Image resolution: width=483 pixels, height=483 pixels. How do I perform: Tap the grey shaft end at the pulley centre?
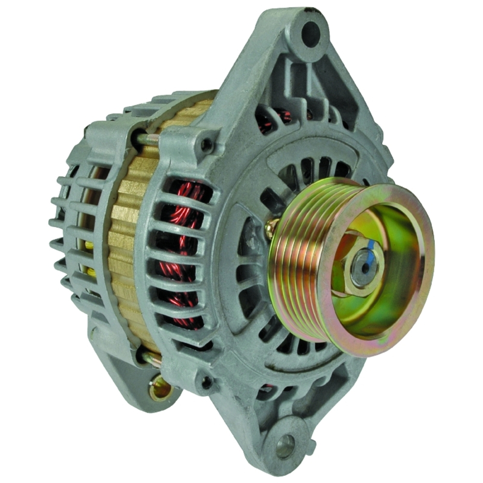click(x=360, y=264)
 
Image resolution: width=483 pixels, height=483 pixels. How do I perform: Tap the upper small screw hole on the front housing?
click(x=207, y=143)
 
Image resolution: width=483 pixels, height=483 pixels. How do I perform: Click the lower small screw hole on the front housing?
click(x=207, y=382)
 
